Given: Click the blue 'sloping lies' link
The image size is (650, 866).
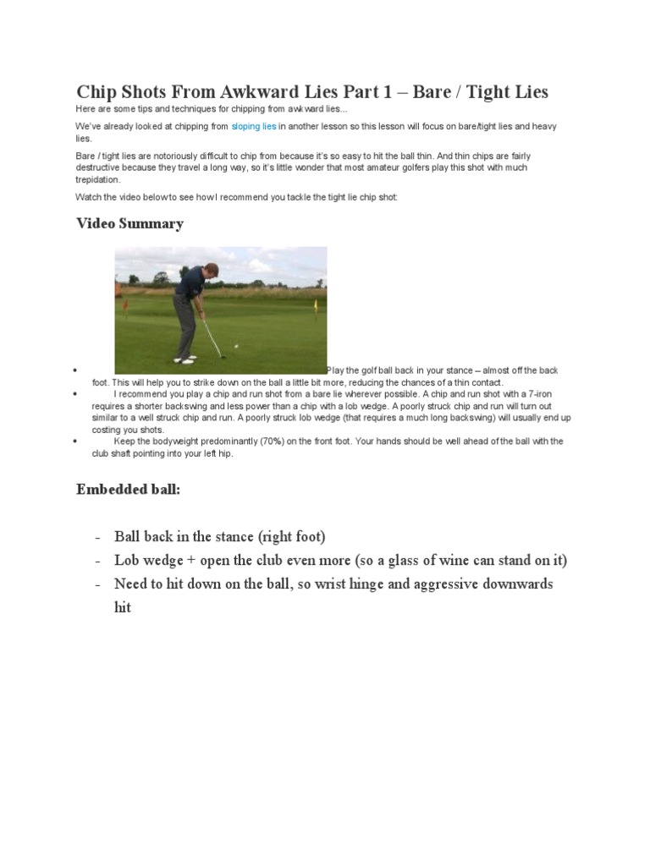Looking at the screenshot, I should [254, 127].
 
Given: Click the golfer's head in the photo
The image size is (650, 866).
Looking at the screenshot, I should [211, 270].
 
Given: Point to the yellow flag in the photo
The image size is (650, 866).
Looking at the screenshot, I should [316, 304].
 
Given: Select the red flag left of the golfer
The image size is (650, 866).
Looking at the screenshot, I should [124, 300].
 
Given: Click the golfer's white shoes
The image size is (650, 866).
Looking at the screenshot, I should [184, 360].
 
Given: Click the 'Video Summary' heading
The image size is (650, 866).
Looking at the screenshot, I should [129, 223].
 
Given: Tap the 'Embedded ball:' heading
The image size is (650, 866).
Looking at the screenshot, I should [128, 489].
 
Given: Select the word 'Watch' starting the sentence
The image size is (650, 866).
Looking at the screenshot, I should [89, 197].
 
